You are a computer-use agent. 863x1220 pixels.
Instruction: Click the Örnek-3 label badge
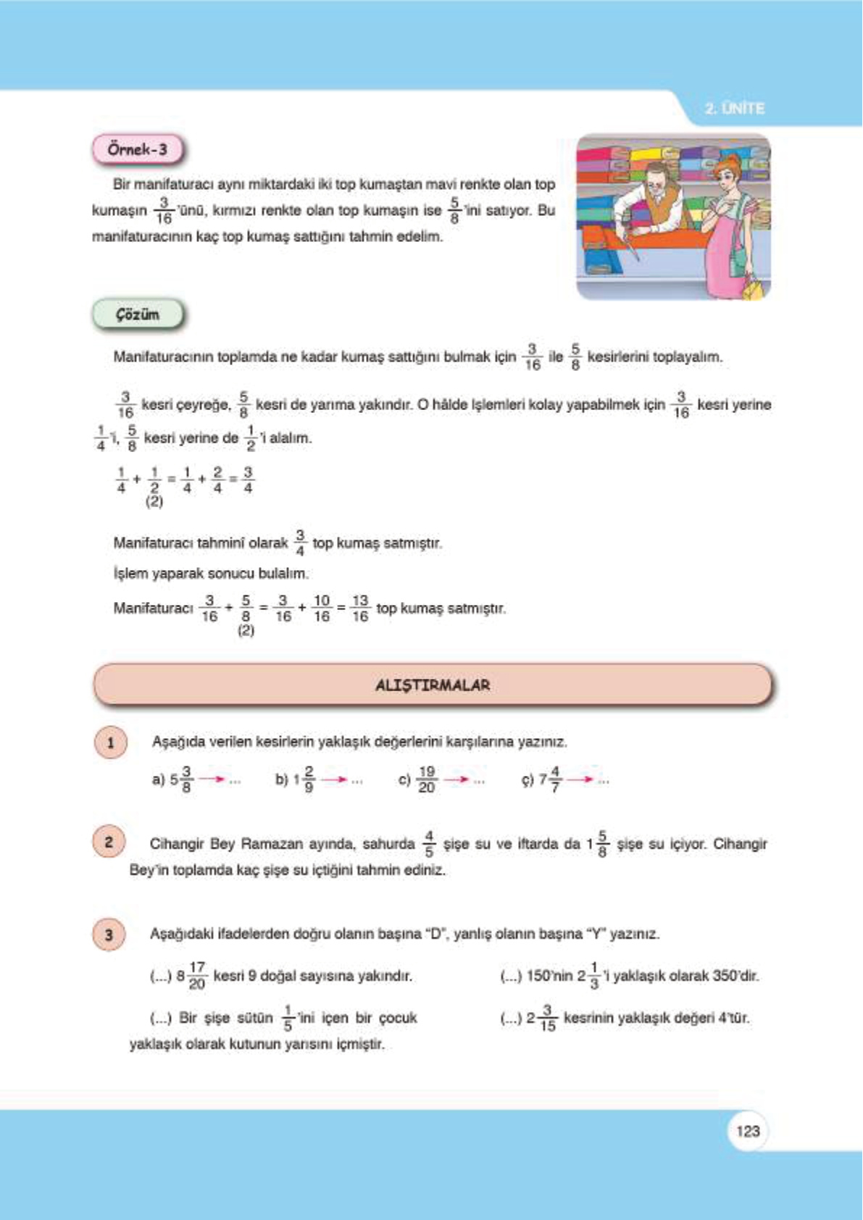click(x=137, y=150)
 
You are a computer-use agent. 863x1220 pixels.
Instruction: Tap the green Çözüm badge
click(x=137, y=315)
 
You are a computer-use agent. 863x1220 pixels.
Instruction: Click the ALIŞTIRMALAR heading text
click(x=433, y=685)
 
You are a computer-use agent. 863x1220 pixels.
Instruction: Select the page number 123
click(x=747, y=1131)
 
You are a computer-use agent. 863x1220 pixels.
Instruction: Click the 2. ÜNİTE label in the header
click(x=734, y=109)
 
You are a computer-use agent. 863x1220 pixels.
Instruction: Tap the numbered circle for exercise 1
click(x=110, y=743)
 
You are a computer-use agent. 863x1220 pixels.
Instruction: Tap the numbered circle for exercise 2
click(x=109, y=842)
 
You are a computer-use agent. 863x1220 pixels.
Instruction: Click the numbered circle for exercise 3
click(x=109, y=935)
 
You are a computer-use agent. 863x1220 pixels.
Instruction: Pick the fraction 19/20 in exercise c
click(x=426, y=780)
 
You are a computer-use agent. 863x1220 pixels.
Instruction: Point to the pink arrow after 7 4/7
click(x=580, y=780)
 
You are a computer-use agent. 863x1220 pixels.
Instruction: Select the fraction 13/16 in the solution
click(x=359, y=609)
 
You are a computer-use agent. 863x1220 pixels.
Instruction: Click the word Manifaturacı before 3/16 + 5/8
click(x=153, y=609)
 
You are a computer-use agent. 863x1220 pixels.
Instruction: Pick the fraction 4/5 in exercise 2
click(x=428, y=844)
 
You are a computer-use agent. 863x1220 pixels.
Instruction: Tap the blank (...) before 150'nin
click(x=511, y=977)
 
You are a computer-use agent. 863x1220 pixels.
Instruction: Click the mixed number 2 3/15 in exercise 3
click(x=541, y=1019)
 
